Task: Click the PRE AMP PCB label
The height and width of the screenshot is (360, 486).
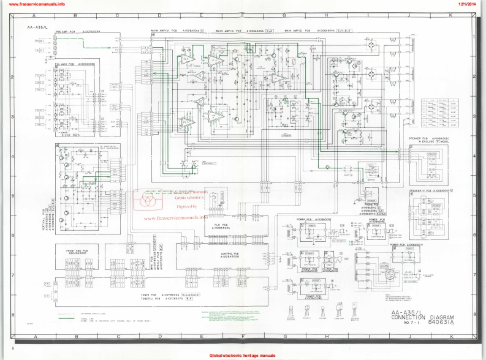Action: [x=74, y=31]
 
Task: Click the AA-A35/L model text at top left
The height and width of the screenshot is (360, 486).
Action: [x=35, y=28]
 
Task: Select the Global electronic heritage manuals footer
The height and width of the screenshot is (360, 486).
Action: [x=242, y=355]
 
